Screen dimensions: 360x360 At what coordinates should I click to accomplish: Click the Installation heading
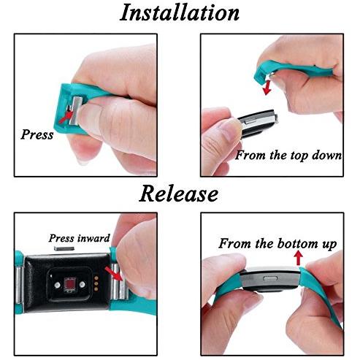[x=180, y=12]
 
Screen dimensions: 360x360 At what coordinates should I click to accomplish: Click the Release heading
[x=179, y=194]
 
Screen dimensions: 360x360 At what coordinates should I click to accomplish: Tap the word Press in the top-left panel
[x=37, y=134]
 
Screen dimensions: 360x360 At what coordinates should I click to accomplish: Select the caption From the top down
[x=288, y=156]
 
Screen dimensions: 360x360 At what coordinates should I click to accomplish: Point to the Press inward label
[x=80, y=238]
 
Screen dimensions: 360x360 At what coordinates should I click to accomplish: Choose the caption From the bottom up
[x=277, y=243]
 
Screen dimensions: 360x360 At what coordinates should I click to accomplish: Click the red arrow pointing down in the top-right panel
[x=268, y=88]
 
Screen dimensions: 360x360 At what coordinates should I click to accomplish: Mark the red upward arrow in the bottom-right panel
[x=299, y=258]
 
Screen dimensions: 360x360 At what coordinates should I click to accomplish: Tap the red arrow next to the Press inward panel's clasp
[x=114, y=274]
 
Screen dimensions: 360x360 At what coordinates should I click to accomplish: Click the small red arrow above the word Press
[x=66, y=117]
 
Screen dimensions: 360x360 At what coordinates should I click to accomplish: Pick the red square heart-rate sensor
[x=69, y=284]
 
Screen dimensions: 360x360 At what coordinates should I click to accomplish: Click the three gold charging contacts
[x=96, y=283]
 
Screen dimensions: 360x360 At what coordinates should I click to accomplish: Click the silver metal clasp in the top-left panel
[x=75, y=111]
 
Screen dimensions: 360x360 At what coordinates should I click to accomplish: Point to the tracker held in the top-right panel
[x=258, y=123]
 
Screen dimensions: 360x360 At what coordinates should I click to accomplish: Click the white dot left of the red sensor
[x=58, y=285]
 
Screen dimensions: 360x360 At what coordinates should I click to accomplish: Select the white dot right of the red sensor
[x=82, y=284]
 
